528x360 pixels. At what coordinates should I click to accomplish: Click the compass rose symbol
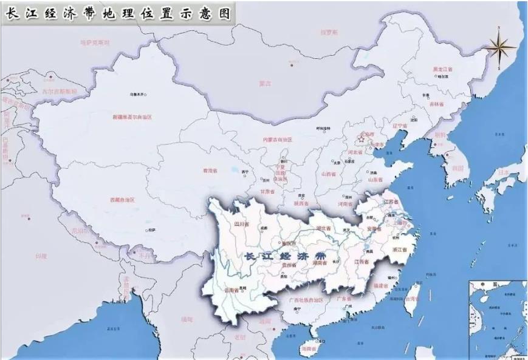(x=499, y=48)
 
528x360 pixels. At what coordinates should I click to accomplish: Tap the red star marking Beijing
(x=362, y=139)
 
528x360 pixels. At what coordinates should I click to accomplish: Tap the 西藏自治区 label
(x=122, y=199)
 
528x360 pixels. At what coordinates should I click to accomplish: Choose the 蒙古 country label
(x=264, y=83)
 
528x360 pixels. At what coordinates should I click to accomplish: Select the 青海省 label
(x=210, y=171)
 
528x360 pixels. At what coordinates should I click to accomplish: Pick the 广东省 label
(x=345, y=299)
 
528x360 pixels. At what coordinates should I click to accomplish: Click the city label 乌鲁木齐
(x=139, y=95)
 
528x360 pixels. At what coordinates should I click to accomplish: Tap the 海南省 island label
(x=309, y=350)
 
